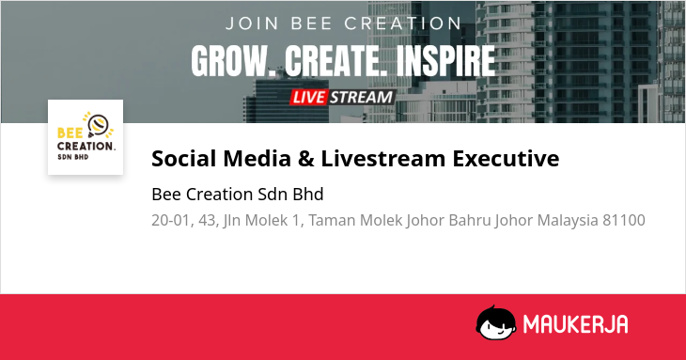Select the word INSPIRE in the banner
tap(445, 61)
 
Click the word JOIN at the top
tap(253, 23)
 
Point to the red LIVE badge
tap(308, 97)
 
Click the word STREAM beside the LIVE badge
tap(362, 97)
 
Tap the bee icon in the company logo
tap(99, 125)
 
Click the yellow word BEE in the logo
tap(70, 133)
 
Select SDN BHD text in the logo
tap(73, 157)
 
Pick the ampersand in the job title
tap(305, 158)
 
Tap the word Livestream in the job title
tap(382, 158)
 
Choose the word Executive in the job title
tap(506, 158)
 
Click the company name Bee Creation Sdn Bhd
tap(238, 195)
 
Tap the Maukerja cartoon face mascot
tap(495, 322)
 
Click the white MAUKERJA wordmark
tap(576, 324)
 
